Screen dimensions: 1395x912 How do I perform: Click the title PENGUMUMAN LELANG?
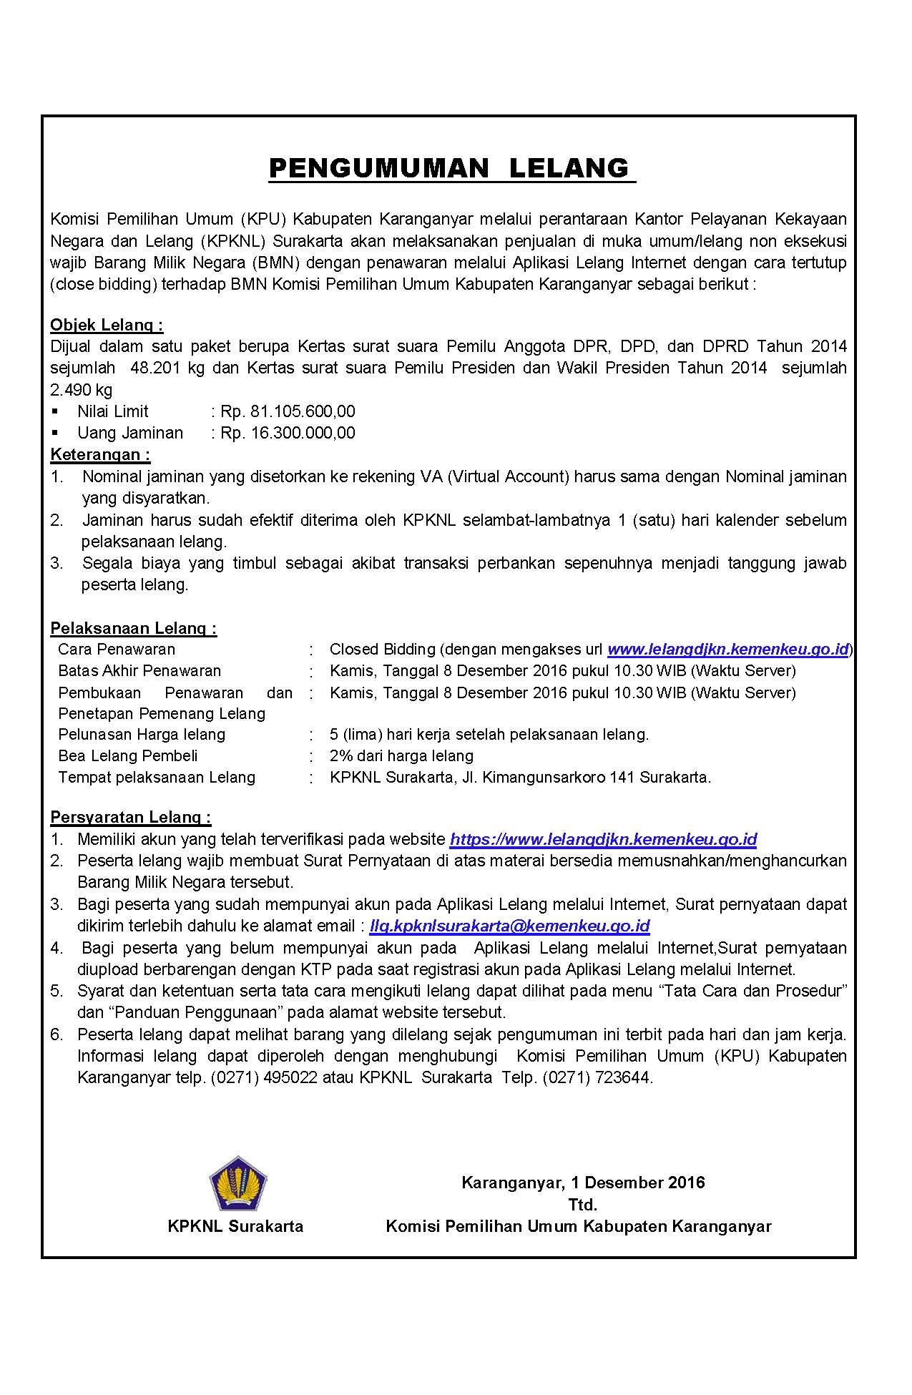451,168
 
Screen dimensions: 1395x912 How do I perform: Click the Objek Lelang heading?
107,325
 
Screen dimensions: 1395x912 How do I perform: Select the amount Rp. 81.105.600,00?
288,411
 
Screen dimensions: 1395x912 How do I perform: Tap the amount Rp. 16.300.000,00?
288,433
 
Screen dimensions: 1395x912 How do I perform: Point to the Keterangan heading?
100,455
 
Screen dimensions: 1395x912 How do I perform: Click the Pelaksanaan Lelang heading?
134,629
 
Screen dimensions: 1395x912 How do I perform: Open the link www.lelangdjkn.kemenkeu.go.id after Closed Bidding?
728,650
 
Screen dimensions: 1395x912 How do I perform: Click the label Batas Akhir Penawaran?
139,671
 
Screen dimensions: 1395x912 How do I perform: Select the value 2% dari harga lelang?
401,756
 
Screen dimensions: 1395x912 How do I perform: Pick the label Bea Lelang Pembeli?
128,756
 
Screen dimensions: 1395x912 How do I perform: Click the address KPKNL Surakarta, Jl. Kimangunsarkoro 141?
520,778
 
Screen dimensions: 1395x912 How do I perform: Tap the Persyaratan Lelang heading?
131,818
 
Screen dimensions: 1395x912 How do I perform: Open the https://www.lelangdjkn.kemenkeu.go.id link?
603,839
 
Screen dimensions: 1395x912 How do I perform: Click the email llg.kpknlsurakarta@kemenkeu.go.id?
509,926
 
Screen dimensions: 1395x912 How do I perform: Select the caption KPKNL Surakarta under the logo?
235,1226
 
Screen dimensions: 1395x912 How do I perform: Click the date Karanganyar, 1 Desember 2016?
583,1183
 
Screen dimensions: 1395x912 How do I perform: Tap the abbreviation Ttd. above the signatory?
582,1205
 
